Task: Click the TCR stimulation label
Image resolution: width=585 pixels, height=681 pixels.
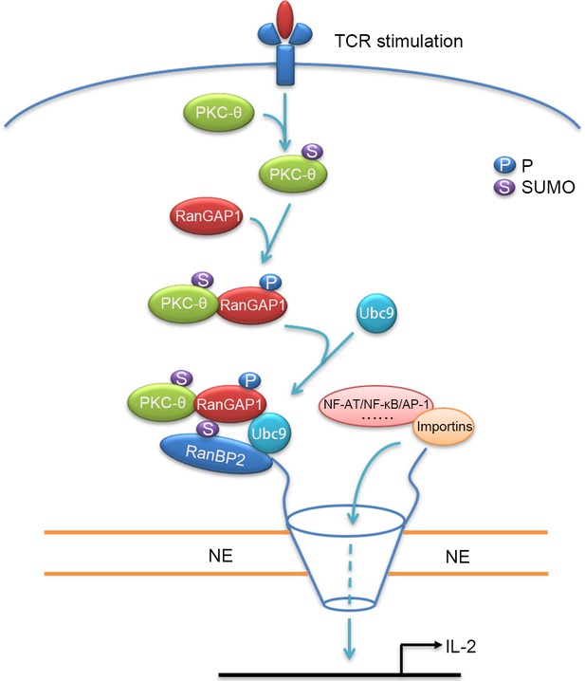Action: pyautogui.click(x=398, y=42)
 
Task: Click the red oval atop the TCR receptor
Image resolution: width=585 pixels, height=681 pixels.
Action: pyautogui.click(x=284, y=20)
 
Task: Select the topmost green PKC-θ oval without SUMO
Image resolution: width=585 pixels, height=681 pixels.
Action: pyautogui.click(x=218, y=113)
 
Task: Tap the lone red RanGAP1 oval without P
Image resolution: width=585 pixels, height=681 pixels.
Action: pyautogui.click(x=207, y=216)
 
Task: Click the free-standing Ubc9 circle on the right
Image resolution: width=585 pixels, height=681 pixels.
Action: pyautogui.click(x=376, y=314)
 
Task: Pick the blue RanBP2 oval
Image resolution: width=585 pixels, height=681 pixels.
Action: pyautogui.click(x=216, y=453)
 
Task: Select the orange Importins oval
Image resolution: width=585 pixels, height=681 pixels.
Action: pyautogui.click(x=444, y=427)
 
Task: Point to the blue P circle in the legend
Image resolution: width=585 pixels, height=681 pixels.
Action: pyautogui.click(x=504, y=165)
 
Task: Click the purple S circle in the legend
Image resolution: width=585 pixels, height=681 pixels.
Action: pyautogui.click(x=504, y=187)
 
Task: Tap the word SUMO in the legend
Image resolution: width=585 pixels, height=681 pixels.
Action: pyautogui.click(x=548, y=188)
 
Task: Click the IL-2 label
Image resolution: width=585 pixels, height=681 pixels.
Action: pyautogui.click(x=461, y=647)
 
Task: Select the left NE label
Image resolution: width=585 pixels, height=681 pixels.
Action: pyautogui.click(x=220, y=556)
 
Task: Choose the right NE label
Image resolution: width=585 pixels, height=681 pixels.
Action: pyautogui.click(x=457, y=557)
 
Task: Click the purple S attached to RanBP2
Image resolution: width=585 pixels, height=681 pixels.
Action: pyautogui.click(x=208, y=429)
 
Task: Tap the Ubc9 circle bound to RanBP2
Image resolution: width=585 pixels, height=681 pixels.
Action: pyautogui.click(x=269, y=433)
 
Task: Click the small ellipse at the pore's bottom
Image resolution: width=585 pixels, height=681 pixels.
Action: pyautogui.click(x=350, y=603)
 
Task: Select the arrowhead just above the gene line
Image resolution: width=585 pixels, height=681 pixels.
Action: pyautogui.click(x=349, y=653)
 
